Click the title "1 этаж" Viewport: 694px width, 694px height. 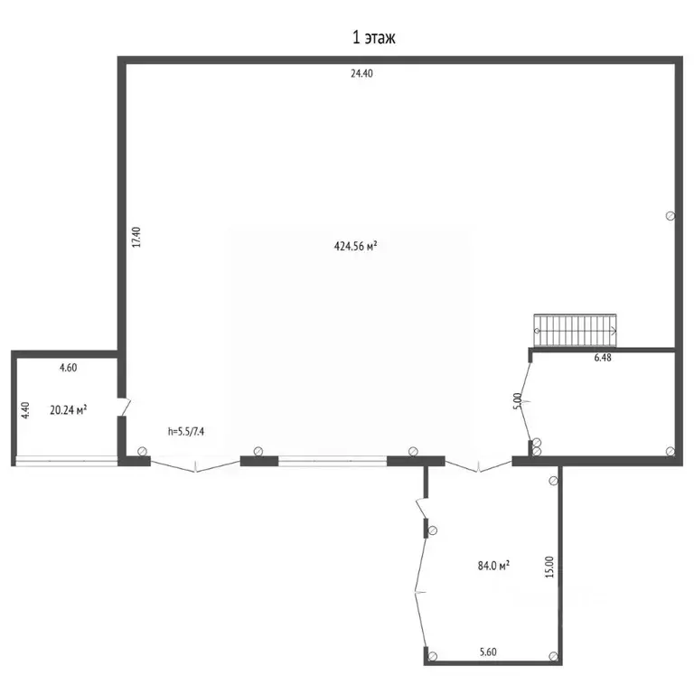pyautogui.click(x=373, y=38)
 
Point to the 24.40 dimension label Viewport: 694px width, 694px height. pyautogui.click(x=361, y=74)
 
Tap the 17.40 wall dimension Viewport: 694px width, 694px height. pyautogui.click(x=136, y=237)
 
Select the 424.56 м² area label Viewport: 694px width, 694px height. pyautogui.click(x=355, y=245)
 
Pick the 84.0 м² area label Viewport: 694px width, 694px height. pyautogui.click(x=493, y=566)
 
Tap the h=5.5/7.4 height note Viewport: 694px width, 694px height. pyautogui.click(x=187, y=431)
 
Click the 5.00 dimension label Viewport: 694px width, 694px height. pyautogui.click(x=517, y=400)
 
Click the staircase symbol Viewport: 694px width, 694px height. pyautogui.click(x=576, y=330)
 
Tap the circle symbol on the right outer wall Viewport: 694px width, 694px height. pyautogui.click(x=670, y=215)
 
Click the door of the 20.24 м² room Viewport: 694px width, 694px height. pyautogui.click(x=125, y=408)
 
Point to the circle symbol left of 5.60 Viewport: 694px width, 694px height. pyautogui.click(x=433, y=656)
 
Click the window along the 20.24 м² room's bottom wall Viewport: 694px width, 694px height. pyautogui.click(x=65, y=463)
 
